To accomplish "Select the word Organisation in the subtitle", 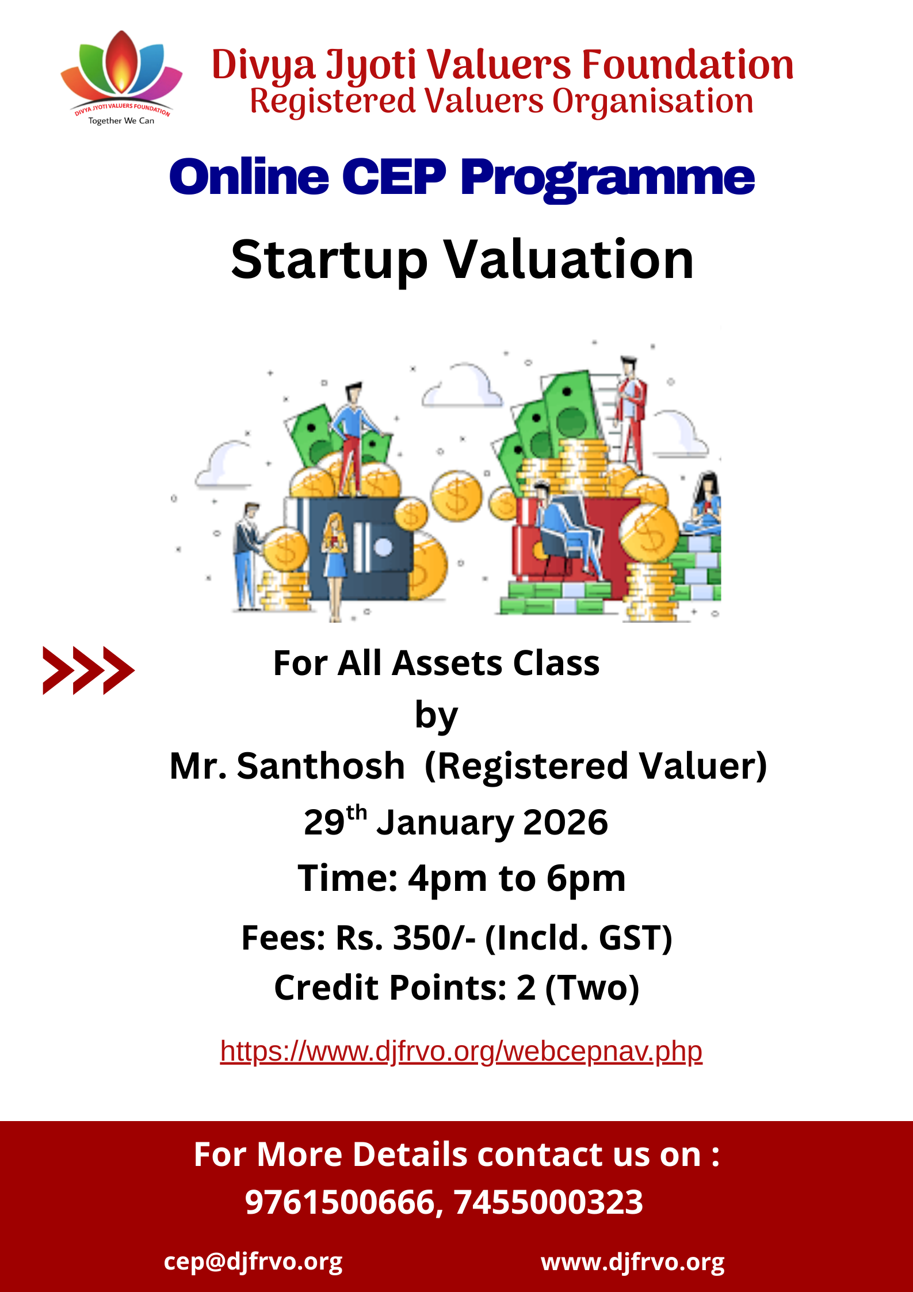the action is pyautogui.click(x=653, y=102).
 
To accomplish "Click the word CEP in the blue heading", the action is pyautogui.click(x=394, y=177).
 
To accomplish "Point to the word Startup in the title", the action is pyautogui.click(x=330, y=261).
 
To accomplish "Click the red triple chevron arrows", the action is pyautogui.click(x=89, y=670).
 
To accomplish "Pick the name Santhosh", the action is pyautogui.click(x=321, y=766).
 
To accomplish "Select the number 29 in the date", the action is pyautogui.click(x=324, y=822).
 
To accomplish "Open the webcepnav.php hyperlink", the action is pyautogui.click(x=461, y=1051).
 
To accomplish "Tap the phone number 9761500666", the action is pyautogui.click(x=339, y=1202).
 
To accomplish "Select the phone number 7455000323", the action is pyautogui.click(x=548, y=1202).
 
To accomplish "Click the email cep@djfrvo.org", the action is pyautogui.click(x=253, y=1262).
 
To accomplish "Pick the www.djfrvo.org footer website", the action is pyautogui.click(x=633, y=1262).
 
